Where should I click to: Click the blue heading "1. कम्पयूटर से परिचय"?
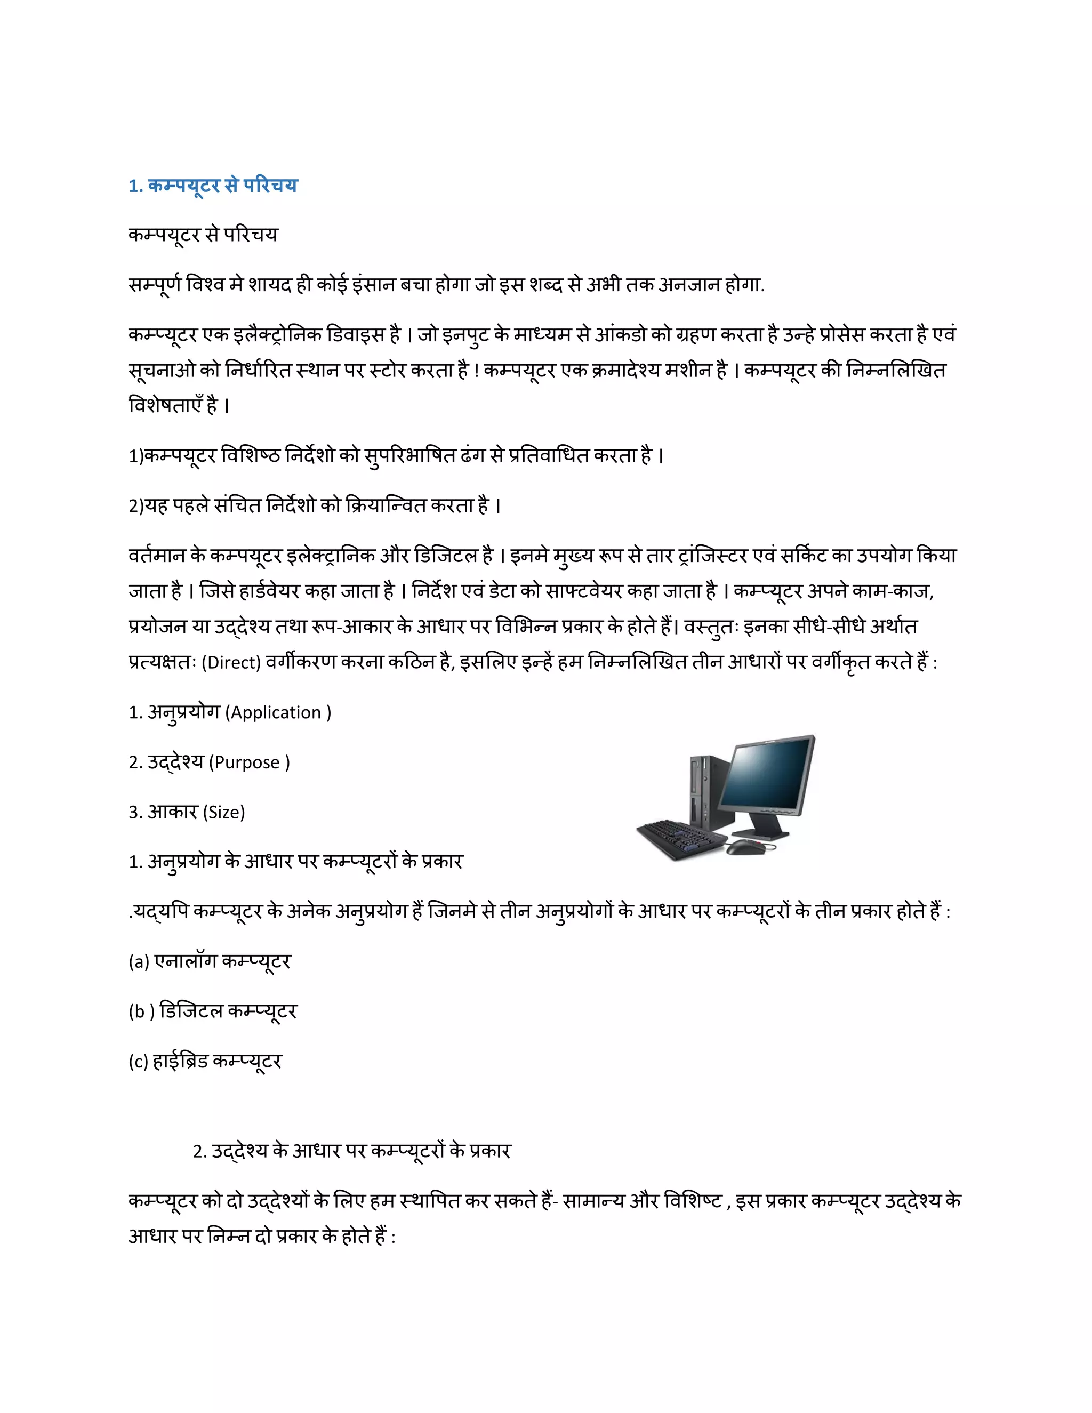(213, 186)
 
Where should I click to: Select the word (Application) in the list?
(277, 713)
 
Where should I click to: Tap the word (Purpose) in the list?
(249, 763)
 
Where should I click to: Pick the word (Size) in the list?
(224, 813)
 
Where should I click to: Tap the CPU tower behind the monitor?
(705, 789)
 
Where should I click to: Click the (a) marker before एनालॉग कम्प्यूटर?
(139, 962)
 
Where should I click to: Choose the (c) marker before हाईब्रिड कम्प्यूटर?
(139, 1062)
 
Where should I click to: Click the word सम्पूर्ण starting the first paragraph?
(155, 285)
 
